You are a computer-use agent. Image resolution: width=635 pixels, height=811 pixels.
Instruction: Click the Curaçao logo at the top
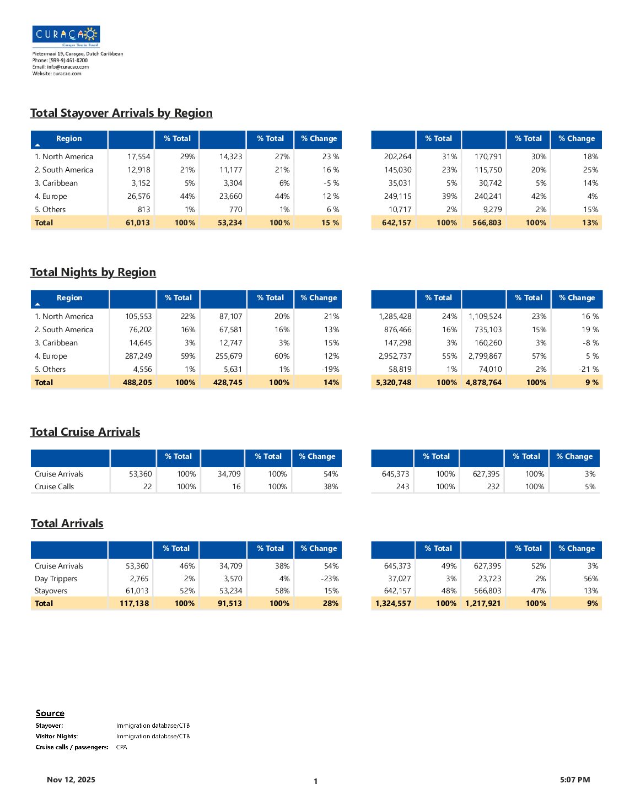(66, 36)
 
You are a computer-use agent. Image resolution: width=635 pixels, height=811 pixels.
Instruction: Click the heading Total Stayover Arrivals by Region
(121, 113)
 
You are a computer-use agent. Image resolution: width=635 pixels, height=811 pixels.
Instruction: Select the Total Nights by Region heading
(93, 272)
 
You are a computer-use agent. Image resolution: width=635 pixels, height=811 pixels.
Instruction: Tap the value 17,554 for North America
(139, 156)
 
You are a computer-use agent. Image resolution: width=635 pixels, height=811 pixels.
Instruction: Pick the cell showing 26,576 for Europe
(138, 196)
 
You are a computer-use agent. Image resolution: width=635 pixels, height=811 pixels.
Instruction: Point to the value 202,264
(397, 156)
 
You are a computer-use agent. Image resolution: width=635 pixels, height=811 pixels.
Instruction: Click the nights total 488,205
(137, 382)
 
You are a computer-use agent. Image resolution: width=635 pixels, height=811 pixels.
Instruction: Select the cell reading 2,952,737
(395, 356)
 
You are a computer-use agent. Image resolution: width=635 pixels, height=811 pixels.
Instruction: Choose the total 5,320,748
(394, 382)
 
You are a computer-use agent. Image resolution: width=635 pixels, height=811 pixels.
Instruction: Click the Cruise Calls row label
(54, 486)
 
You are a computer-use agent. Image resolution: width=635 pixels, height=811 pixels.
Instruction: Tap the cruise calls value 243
(402, 486)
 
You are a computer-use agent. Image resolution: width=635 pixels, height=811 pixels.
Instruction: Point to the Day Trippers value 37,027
(399, 578)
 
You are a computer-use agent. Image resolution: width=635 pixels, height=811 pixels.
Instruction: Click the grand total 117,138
(134, 603)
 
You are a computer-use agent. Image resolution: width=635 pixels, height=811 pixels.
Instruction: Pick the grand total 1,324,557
(393, 603)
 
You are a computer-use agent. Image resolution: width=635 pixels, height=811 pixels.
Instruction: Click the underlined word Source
(50, 713)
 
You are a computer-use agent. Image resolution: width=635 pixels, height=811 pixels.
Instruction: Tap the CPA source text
(122, 747)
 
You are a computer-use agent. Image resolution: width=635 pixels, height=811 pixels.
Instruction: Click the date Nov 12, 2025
(71, 780)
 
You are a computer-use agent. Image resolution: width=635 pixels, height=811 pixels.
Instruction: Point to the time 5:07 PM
(575, 780)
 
